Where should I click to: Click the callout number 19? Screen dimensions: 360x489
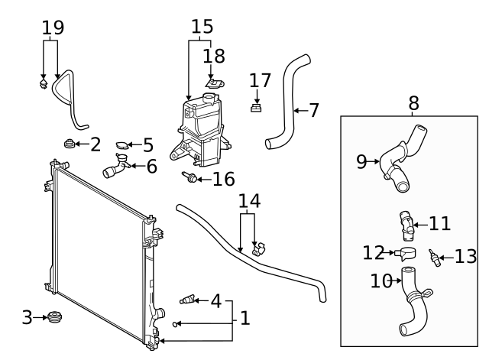pos(53,28)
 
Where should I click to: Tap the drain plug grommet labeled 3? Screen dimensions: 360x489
pos(53,316)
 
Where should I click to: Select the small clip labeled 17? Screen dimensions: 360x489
pos(257,108)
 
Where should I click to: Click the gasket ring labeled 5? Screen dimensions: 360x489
pos(122,144)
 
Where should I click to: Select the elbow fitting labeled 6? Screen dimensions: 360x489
pos(117,167)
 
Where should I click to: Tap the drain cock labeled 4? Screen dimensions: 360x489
pos(187,300)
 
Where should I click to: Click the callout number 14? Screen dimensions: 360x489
pos(249,201)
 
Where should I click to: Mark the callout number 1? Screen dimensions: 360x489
pos(244,317)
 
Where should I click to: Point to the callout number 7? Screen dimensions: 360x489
pos(314,110)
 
